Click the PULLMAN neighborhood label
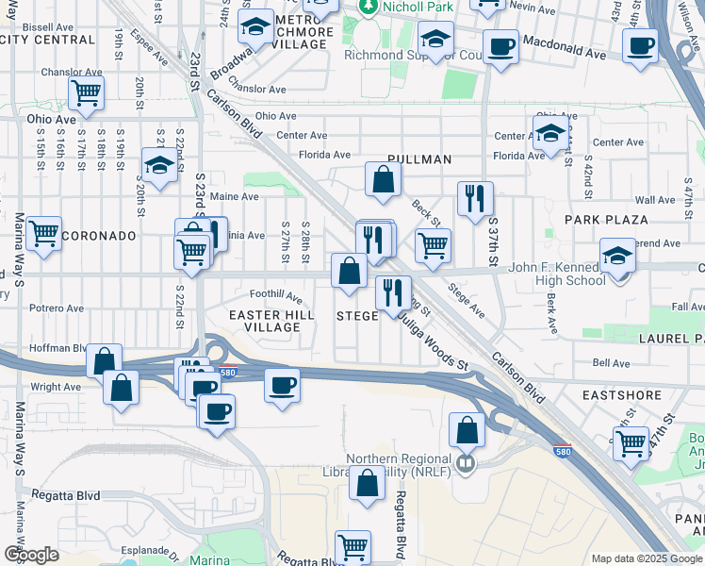(420, 159)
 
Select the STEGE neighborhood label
(357, 316)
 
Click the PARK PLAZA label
(606, 219)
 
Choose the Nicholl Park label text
(418, 7)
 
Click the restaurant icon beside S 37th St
(474, 198)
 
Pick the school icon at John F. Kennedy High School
(618, 257)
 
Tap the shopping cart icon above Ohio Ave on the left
(86, 93)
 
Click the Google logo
(31, 555)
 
